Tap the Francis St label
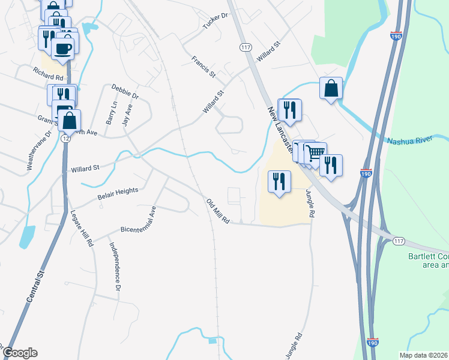(x=203, y=67)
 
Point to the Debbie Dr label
(x=125, y=92)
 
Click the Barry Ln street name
(x=110, y=113)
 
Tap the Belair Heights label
(x=118, y=193)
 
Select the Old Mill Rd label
(x=218, y=211)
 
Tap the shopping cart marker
(x=315, y=152)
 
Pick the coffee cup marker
(x=63, y=48)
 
